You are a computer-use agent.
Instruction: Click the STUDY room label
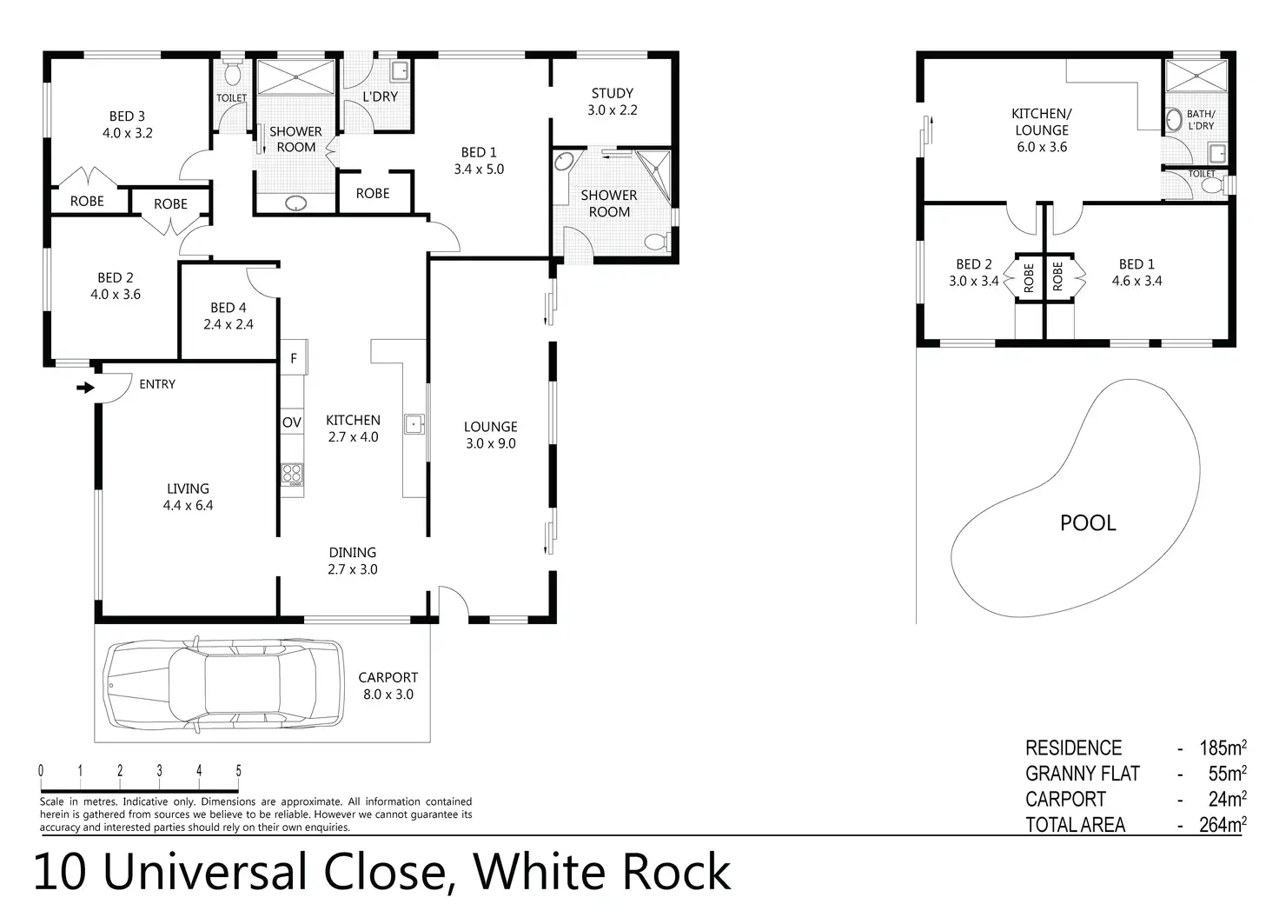coord(612,93)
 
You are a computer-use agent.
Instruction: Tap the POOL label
coord(1088,522)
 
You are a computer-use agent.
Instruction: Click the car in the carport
coord(222,684)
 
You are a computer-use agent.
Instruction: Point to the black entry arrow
coord(85,388)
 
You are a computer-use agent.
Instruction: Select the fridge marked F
coord(294,357)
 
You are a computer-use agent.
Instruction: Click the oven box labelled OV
coord(292,422)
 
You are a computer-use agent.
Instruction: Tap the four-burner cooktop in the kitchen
coord(293,474)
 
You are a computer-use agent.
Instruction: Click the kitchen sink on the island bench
coord(414,424)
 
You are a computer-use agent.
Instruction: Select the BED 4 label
coord(228,308)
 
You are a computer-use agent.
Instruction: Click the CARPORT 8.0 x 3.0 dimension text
coord(388,695)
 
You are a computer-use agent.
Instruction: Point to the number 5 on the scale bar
coord(238,770)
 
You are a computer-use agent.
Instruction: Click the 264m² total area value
coord(1223,825)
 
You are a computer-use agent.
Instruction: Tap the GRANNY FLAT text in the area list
coord(1082,774)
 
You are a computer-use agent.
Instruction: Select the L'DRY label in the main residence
coord(380,96)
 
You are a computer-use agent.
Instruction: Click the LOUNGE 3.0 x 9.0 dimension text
coord(490,443)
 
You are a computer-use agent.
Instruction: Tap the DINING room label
coord(352,552)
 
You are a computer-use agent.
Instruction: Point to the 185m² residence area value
coord(1223,748)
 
